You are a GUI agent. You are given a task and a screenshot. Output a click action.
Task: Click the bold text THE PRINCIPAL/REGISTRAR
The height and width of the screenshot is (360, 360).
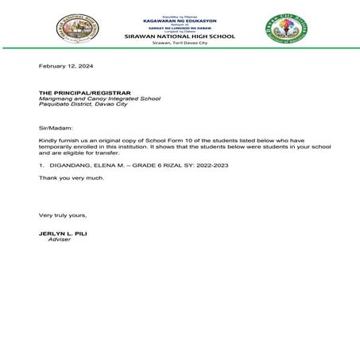83,93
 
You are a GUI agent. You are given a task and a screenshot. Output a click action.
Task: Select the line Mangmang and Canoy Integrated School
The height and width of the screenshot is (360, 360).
99,99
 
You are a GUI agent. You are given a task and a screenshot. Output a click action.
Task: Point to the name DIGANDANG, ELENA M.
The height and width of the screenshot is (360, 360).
87,164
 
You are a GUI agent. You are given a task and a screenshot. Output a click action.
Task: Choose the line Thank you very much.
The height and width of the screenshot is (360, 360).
72,177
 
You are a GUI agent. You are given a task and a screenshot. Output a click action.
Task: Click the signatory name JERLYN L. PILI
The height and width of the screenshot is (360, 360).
65,233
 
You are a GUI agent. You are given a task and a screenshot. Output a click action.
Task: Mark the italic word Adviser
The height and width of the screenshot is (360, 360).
60,239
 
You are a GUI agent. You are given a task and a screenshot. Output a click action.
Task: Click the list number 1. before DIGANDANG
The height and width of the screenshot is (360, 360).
42,164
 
